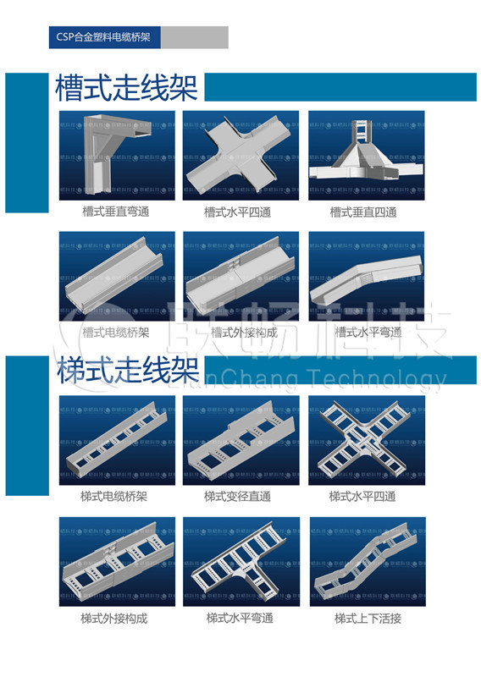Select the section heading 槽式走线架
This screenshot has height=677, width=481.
(126, 86)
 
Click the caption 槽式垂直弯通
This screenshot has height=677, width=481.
(116, 212)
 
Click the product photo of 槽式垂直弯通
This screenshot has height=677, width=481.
(117, 155)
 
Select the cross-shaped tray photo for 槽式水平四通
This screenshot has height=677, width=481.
(240, 155)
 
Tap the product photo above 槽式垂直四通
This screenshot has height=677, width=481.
(365, 155)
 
